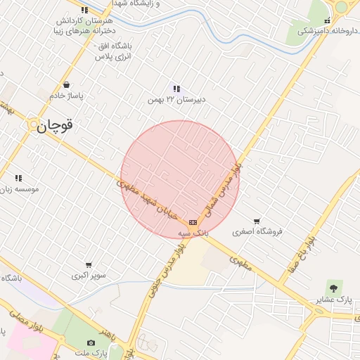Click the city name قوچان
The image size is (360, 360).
coord(56,127)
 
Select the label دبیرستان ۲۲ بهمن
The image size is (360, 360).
coord(176,100)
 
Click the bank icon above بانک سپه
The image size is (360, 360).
coord(193,222)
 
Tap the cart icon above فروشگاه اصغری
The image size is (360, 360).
coord(257,221)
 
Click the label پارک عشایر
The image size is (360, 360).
coord(334,300)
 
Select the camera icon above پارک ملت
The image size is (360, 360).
coord(91,342)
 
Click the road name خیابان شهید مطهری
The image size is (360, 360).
coord(152,200)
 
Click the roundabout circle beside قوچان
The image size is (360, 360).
coord(32,124)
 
